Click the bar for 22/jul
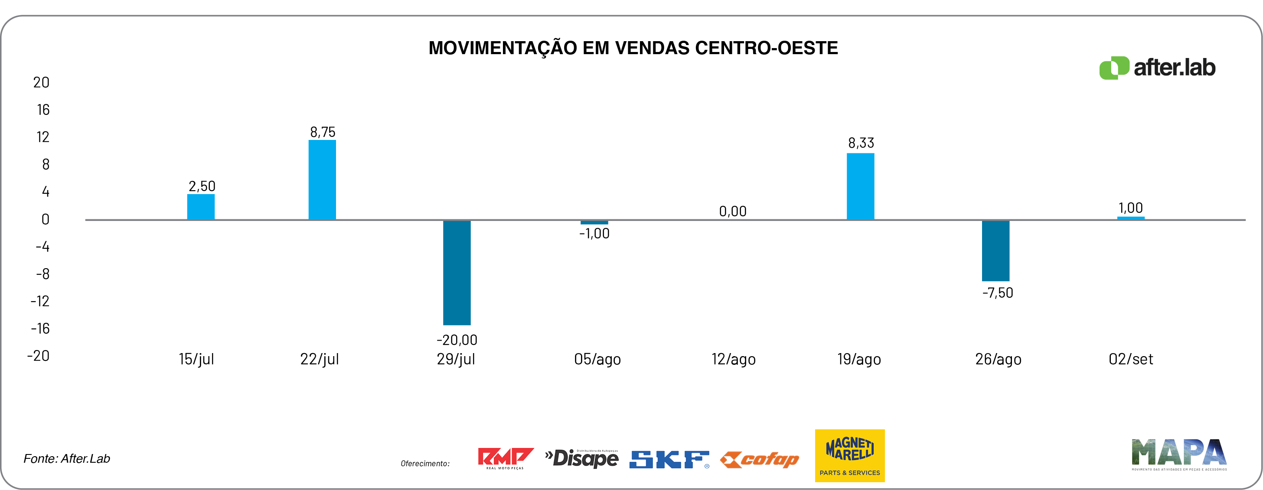point(322,180)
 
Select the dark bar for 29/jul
point(457,273)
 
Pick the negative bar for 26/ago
point(995,250)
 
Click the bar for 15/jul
point(201,207)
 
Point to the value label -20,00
point(457,340)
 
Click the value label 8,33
point(861,143)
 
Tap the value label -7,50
point(997,292)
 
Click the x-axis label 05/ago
point(597,359)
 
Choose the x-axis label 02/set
point(1131,359)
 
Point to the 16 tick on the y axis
point(43,110)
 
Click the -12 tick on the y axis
point(40,301)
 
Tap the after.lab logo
point(1157,68)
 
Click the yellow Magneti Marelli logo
point(850,455)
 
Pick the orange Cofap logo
point(760,460)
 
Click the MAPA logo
point(1178,454)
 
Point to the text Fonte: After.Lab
point(67,459)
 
